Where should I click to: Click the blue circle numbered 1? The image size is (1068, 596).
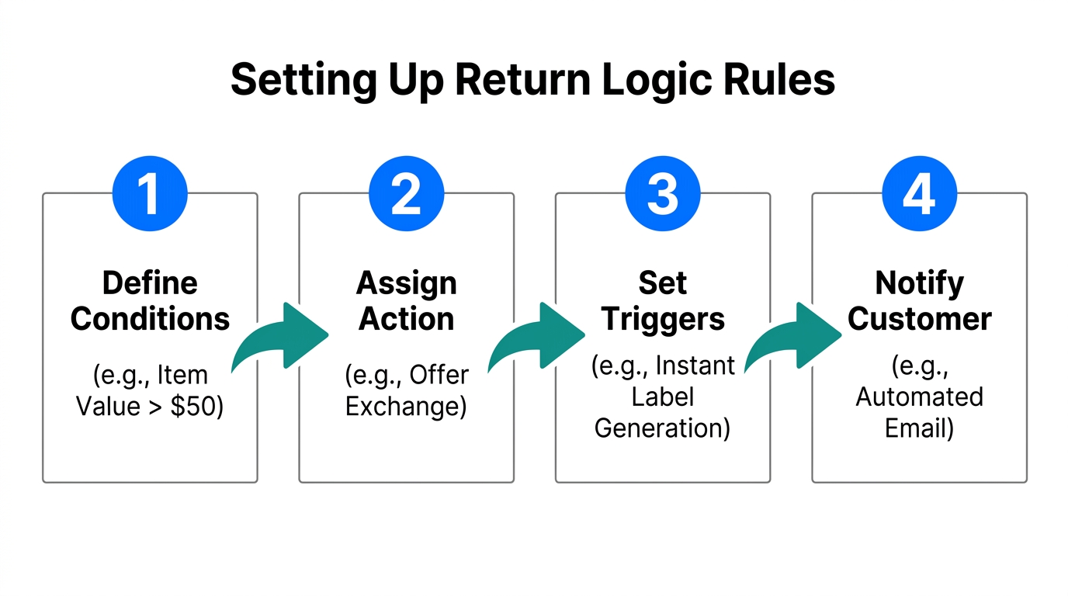[150, 193]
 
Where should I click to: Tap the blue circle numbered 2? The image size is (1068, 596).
[406, 193]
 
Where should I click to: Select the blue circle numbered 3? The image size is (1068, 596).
[663, 193]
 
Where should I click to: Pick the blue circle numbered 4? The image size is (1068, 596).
[919, 193]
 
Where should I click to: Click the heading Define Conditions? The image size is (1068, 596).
[150, 301]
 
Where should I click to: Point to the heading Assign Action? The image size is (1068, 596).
[406, 301]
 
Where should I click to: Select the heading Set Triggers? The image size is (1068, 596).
[663, 301]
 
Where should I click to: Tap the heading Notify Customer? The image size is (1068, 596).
[919, 301]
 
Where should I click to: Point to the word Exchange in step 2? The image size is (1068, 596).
[406, 407]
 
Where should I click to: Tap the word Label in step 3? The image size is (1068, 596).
[662, 397]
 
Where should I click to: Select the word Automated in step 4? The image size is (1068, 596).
[919, 397]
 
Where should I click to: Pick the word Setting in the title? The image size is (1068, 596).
[293, 80]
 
